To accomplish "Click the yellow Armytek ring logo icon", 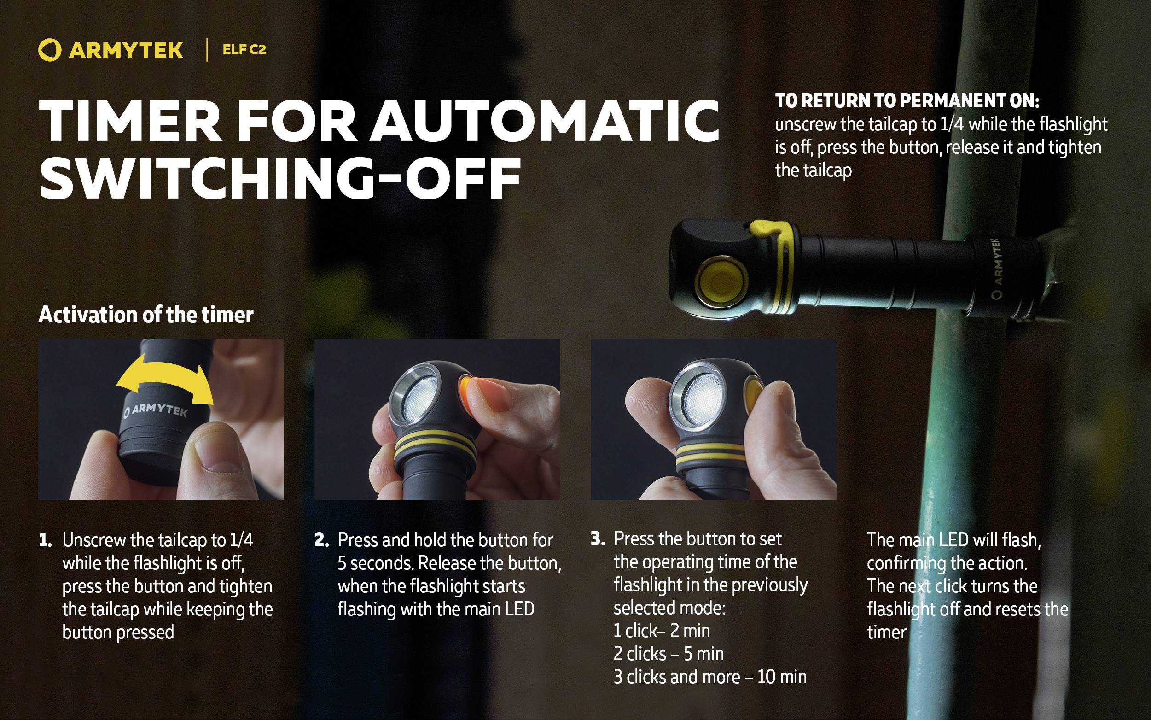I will pyautogui.click(x=49, y=51).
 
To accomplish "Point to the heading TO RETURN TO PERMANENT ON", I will pyautogui.click(x=907, y=101).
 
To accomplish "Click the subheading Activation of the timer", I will pyautogui.click(x=145, y=315).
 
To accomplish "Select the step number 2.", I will pyautogui.click(x=322, y=540).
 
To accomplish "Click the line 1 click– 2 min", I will pyautogui.click(x=662, y=631).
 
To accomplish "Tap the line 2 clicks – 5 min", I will pyautogui.click(x=669, y=654).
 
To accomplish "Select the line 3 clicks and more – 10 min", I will pyautogui.click(x=710, y=677).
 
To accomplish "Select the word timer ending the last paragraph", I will pyautogui.click(x=886, y=632).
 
